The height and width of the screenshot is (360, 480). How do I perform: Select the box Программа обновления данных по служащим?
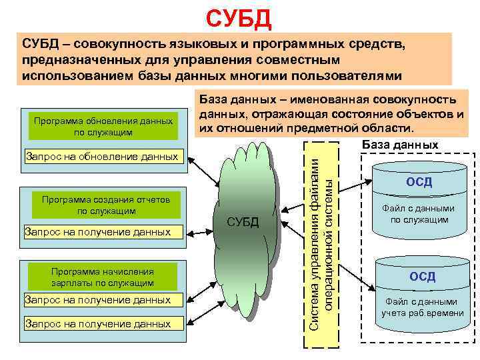point(104,127)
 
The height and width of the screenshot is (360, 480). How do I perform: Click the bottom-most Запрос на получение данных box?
point(97,324)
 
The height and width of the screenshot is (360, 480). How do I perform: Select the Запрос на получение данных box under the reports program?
point(97,233)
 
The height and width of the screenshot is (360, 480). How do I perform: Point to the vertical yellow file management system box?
point(321,243)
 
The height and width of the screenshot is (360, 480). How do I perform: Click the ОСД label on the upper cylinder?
point(419,182)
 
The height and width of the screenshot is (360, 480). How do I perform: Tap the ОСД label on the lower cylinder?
point(421,276)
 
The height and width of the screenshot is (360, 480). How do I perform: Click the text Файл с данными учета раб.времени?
point(422,307)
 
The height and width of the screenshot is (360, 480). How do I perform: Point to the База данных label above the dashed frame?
point(399,145)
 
